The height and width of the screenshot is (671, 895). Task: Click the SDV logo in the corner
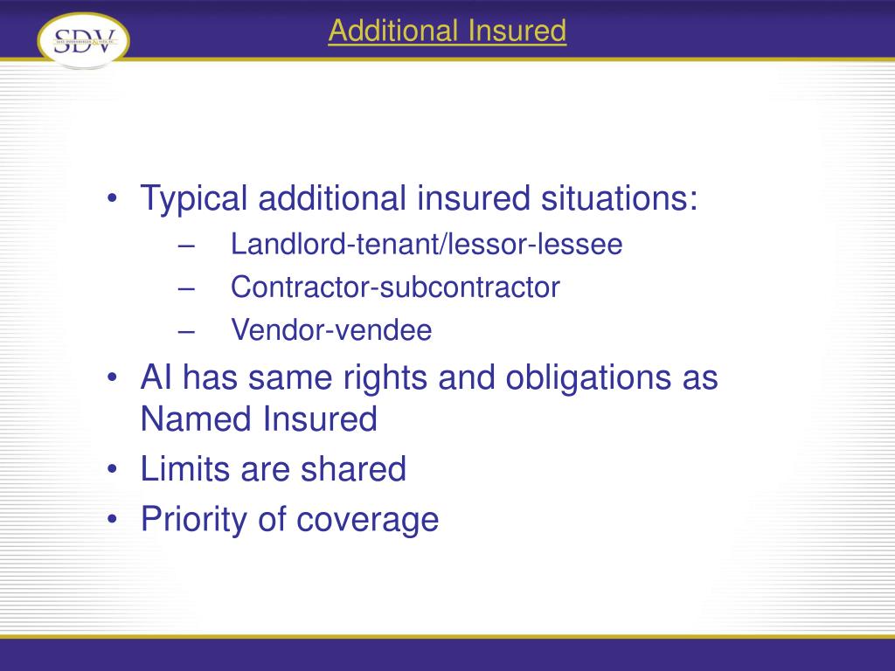point(83,40)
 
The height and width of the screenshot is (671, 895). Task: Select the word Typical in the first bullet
point(195,199)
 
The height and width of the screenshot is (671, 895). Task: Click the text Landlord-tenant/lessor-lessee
point(427,245)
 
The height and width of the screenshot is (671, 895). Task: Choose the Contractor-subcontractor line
point(395,287)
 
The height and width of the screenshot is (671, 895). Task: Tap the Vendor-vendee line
point(331,330)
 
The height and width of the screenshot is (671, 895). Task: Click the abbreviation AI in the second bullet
point(156,379)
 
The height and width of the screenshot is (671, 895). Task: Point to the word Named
point(195,419)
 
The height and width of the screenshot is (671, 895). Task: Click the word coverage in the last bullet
point(367,521)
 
